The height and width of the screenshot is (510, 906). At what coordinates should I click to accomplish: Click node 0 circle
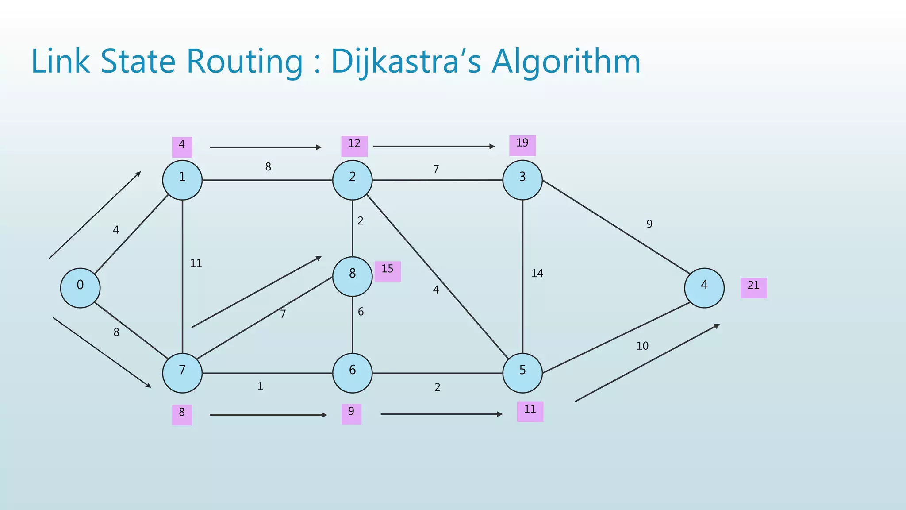tap(80, 288)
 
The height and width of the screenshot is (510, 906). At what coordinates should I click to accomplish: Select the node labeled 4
tap(704, 288)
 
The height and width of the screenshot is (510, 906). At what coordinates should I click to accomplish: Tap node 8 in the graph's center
tap(352, 277)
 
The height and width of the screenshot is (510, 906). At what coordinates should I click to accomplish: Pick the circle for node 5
tap(522, 373)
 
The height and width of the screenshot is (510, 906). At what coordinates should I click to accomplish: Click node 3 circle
tap(522, 180)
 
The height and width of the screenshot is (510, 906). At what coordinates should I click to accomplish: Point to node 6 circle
tap(352, 373)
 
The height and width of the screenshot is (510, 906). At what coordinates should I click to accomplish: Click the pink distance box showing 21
tap(753, 288)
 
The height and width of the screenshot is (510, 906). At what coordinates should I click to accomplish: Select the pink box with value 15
tap(388, 271)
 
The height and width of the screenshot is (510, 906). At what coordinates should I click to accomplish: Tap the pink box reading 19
tap(522, 145)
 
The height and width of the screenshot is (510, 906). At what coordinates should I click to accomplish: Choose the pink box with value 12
tap(354, 146)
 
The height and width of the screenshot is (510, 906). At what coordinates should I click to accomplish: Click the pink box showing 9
tap(351, 414)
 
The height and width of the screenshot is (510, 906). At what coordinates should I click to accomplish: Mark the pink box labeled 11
tap(530, 411)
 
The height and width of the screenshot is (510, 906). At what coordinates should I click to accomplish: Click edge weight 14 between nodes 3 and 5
tap(537, 274)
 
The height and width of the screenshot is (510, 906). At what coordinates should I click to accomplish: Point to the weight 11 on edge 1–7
tap(196, 263)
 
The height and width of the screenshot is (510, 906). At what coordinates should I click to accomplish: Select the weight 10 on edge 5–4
tap(642, 346)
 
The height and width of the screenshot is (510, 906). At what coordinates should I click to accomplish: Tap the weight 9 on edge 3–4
tap(649, 224)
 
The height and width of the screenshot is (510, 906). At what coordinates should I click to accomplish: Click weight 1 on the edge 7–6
tap(260, 386)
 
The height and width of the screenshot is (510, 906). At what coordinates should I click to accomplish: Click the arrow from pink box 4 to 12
tap(265, 147)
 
